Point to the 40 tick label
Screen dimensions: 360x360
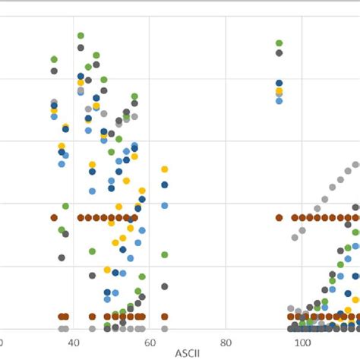[74, 343]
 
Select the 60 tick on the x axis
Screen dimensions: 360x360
[150, 343]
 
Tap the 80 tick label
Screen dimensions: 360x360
[226, 343]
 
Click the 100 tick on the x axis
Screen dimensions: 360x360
[302, 343]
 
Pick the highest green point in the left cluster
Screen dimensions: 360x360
[81, 36]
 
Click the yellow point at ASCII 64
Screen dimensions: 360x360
[164, 169]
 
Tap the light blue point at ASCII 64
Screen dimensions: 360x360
[164, 205]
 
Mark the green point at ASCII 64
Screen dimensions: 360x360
[164, 254]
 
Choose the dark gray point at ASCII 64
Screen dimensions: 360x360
[164, 286]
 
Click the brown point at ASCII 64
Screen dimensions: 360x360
[164, 316]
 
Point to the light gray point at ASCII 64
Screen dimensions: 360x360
[164, 329]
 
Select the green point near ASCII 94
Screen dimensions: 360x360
[279, 43]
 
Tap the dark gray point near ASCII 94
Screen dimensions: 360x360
[279, 52]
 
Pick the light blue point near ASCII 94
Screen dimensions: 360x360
[279, 99]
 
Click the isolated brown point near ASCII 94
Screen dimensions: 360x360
[279, 217]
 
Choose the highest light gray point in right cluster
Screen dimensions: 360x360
[355, 165]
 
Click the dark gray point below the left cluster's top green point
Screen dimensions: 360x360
[81, 48]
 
